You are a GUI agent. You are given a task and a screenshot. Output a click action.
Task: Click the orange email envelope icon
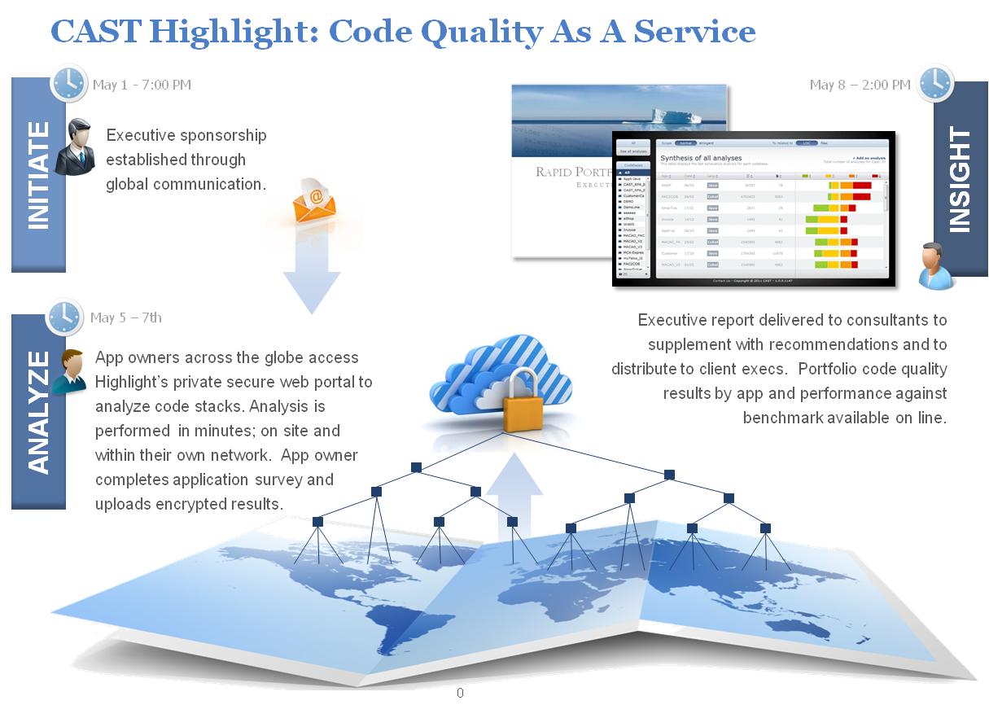point(314,203)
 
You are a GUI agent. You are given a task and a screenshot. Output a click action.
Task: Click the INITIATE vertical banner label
point(38,174)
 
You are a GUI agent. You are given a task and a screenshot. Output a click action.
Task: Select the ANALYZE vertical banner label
point(38,412)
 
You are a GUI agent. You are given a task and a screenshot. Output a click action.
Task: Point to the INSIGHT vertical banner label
point(961,180)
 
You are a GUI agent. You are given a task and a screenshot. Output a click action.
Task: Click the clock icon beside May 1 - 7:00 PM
point(69,84)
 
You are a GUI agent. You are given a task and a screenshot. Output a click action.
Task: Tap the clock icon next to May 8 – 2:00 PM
point(935,84)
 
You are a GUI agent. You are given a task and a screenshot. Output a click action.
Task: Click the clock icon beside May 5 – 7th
point(65,317)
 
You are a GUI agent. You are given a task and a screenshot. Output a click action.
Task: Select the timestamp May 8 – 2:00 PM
point(860,85)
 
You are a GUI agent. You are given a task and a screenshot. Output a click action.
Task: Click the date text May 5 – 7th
point(126,317)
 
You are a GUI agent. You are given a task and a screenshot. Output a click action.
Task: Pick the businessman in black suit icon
point(76,147)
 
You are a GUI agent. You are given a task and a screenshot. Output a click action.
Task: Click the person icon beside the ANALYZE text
point(70,371)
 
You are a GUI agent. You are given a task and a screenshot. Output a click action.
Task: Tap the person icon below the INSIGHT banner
point(936,265)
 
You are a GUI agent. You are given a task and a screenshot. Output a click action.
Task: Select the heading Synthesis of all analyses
point(701,157)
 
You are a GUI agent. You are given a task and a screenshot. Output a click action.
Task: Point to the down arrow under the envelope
point(311,277)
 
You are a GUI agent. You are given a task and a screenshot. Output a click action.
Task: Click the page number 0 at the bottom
point(460,693)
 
